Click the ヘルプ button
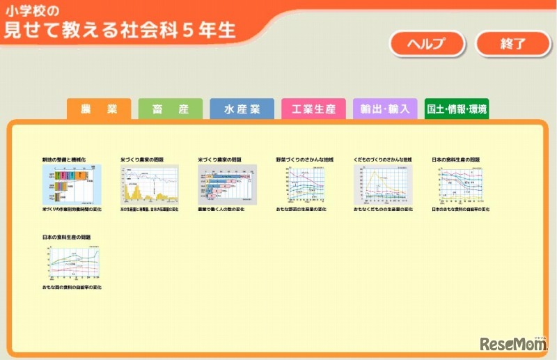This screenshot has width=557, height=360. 426,44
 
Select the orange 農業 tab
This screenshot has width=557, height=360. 98,109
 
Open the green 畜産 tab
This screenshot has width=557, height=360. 170,109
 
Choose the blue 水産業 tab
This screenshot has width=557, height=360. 242,109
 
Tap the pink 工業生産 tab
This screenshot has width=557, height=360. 313,109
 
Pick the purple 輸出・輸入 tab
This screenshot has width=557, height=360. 385,109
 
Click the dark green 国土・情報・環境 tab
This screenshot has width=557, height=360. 457,109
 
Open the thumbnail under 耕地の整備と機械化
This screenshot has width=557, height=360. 72,184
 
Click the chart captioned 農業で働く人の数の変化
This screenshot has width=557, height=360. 227,184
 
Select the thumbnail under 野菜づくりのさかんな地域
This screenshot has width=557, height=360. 305,184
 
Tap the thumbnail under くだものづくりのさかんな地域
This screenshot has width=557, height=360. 383,184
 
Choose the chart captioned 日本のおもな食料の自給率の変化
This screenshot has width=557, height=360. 460,184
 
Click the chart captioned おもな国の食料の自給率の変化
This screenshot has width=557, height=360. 72,262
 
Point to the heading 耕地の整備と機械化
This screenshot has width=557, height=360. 63,159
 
